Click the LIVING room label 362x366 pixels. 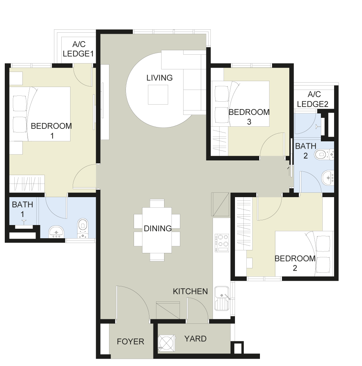coord(159,78)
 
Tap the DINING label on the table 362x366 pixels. coord(158,228)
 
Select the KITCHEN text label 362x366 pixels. coord(190,291)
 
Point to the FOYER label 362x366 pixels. coord(130,341)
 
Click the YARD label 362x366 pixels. coord(195,339)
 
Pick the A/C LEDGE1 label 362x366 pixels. coord(78,49)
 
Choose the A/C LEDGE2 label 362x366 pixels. coord(313,99)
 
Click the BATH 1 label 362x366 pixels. coord(22,209)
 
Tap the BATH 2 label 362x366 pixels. coord(305,151)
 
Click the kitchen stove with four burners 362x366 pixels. coord(222,243)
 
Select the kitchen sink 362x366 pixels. coord(222,298)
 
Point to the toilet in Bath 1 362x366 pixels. coord(83,228)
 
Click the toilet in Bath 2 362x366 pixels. coord(324,154)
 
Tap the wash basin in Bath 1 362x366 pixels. coord(56,232)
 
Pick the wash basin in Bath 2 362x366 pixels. coord(328,178)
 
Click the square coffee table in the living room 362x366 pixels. coord(158,95)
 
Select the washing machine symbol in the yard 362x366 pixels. coord(167,343)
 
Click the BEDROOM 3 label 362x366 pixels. coord(249,117)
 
